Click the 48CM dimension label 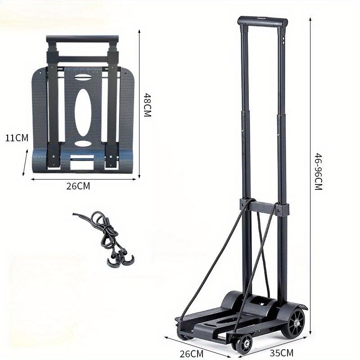pyautogui.click(x=148, y=105)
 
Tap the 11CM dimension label pyautogui.click(x=17, y=138)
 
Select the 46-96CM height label pyautogui.click(x=318, y=172)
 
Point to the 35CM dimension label pyautogui.click(x=282, y=353)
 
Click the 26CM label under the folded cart pyautogui.click(x=78, y=186)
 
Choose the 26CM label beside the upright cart pyautogui.click(x=192, y=354)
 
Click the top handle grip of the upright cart pyautogui.click(x=263, y=21)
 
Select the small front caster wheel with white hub pyautogui.click(x=245, y=343)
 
